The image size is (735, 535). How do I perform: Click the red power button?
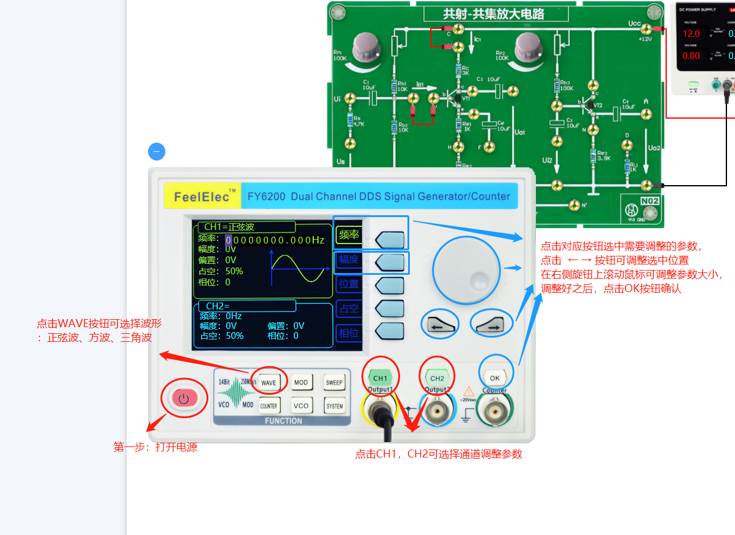[183, 398]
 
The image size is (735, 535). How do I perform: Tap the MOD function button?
[301, 382]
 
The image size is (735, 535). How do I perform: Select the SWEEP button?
[334, 382]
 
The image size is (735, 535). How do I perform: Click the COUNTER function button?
[269, 406]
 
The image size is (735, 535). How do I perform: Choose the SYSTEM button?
[334, 406]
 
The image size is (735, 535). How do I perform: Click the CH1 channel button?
[380, 378]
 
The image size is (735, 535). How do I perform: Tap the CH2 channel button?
[437, 378]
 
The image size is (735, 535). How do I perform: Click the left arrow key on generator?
[439, 324]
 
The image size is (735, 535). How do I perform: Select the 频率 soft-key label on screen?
[349, 234]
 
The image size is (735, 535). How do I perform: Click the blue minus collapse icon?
[157, 151]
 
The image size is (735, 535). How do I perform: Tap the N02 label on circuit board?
[650, 201]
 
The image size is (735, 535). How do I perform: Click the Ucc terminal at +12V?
[645, 29]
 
